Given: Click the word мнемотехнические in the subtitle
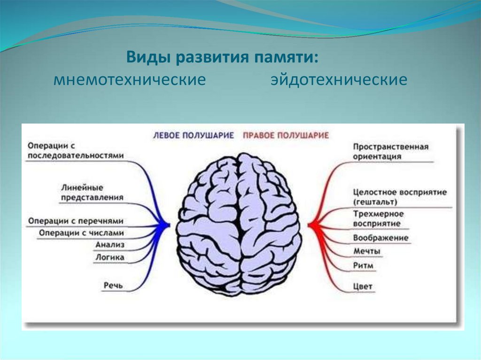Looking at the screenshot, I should [130, 79].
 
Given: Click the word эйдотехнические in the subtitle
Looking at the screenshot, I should [338, 79].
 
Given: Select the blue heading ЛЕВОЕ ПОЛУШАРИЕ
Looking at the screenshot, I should [194, 135].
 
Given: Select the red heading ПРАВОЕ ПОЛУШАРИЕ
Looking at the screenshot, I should [286, 135].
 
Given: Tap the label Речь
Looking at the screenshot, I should [113, 285].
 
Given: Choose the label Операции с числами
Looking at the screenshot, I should [82, 233].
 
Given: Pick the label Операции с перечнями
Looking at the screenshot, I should [76, 221].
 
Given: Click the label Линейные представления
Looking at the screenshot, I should [92, 192].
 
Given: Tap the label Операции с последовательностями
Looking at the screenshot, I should [76, 150].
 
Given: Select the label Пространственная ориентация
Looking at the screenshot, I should [390, 152].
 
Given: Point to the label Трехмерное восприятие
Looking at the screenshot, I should [378, 219].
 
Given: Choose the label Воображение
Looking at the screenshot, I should [380, 238].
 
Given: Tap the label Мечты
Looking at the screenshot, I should [367, 252].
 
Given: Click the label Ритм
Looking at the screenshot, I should [364, 266].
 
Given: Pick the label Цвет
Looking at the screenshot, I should [363, 286].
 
